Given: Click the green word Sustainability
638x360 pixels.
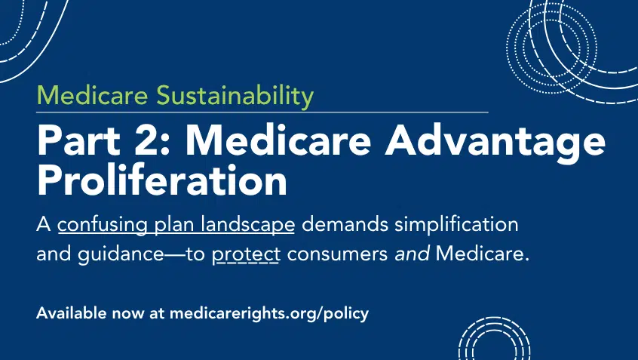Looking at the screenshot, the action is pyautogui.click(x=235, y=96).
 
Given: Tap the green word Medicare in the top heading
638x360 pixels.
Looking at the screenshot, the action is pyautogui.click(x=92, y=95).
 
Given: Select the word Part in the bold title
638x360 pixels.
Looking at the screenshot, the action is pyautogui.click(x=78, y=140).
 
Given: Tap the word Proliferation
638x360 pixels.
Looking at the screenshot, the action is pyautogui.click(x=162, y=180).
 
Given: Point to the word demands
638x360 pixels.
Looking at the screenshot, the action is pyautogui.click(x=345, y=224).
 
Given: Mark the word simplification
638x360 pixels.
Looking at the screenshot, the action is pyautogui.click(x=456, y=225).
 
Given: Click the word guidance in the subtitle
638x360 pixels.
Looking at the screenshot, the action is pyautogui.click(x=121, y=254).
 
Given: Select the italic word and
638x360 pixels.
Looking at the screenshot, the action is pyautogui.click(x=412, y=254).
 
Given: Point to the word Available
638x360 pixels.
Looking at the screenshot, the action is pyautogui.click(x=71, y=312).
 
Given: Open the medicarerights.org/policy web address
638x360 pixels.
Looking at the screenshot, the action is pyautogui.click(x=269, y=314).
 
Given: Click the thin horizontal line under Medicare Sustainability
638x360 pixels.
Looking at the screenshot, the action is pyautogui.click(x=262, y=112).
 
